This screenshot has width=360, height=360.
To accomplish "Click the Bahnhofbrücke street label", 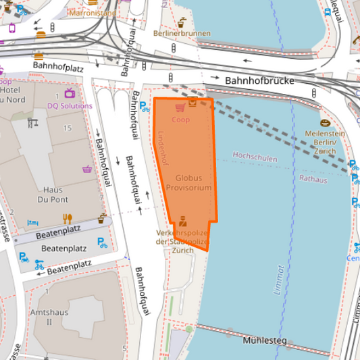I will tap(261, 80).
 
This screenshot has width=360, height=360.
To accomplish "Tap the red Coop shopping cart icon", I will tap(180, 107).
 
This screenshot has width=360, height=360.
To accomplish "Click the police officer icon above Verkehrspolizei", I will tap(182, 222).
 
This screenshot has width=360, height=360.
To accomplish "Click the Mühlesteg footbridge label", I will tap(265, 340).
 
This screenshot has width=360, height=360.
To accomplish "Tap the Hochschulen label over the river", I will tap(255, 155).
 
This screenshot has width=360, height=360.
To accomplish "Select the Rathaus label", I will tap(313, 180).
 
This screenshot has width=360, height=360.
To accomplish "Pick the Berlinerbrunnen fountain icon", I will tap(182, 22).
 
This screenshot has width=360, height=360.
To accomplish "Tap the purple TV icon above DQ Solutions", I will tap(70, 93).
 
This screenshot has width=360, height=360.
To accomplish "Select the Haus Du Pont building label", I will tap(52, 195).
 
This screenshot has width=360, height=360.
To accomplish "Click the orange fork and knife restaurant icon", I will tap(67, 218).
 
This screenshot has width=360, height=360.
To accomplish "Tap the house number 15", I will tap(67, 128).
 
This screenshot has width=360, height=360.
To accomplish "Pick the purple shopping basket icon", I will tap(88, 169).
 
